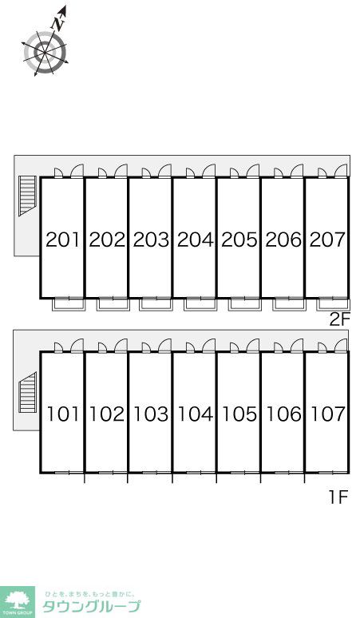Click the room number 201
(x=63, y=240)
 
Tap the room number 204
(x=196, y=240)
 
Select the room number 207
(x=327, y=240)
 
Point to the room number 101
(x=63, y=414)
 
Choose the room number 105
(x=239, y=414)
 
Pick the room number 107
(x=328, y=414)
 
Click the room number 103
(x=151, y=414)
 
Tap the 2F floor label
(x=339, y=320)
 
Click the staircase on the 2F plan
(x=27, y=196)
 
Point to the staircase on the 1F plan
(x=28, y=392)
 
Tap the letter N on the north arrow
(x=58, y=25)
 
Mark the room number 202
(x=107, y=240)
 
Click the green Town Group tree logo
(x=17, y=602)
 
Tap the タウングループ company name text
(x=91, y=607)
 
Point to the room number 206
(x=283, y=240)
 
